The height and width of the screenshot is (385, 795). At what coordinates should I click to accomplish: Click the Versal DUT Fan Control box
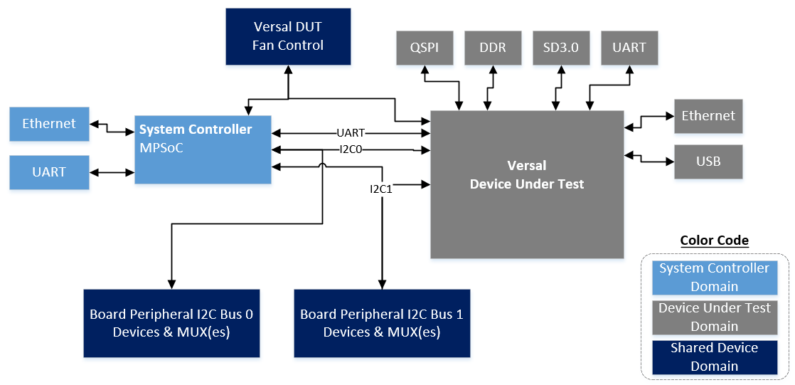(x=288, y=36)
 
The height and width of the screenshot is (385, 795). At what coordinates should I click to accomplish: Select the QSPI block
(x=424, y=48)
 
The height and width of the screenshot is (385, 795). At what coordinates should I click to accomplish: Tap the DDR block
(x=493, y=48)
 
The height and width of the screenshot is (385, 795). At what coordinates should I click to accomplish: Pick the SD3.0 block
(x=561, y=48)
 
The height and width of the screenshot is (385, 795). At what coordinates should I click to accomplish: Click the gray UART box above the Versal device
(x=629, y=48)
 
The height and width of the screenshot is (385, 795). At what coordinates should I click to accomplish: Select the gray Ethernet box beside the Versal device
(x=708, y=116)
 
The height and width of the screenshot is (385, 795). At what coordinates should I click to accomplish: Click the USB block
(x=708, y=162)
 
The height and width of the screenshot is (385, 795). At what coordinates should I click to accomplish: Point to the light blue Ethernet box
(x=49, y=124)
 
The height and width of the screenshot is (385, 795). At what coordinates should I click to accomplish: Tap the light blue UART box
(x=49, y=172)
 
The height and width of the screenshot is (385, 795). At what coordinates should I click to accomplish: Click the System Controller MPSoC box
(x=203, y=149)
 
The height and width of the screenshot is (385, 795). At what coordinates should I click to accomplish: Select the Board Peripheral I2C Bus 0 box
(x=171, y=323)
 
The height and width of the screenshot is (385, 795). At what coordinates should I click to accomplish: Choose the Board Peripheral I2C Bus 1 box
(x=382, y=323)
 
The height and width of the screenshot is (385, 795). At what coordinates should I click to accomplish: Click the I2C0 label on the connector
(x=352, y=149)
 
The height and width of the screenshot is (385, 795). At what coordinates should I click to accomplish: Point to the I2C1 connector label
(x=381, y=189)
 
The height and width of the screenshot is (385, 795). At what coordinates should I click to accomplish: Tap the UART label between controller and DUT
(x=351, y=133)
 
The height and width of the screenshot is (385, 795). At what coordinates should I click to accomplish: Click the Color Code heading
(x=714, y=241)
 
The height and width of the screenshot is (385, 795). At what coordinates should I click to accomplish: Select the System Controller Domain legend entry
(x=714, y=278)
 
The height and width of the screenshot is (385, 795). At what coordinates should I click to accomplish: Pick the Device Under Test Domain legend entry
(x=714, y=317)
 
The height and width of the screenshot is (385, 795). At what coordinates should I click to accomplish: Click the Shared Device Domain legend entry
(x=714, y=357)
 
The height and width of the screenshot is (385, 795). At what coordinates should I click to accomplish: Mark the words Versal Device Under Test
(x=527, y=175)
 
